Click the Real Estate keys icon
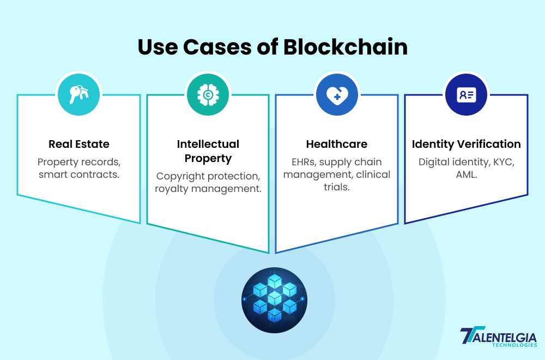(78, 94)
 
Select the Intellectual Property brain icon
(208, 94)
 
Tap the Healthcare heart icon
(337, 95)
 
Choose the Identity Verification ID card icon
(466, 94)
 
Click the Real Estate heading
(79, 144)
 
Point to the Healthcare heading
(337, 144)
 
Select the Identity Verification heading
(466, 145)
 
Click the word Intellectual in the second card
(208, 144)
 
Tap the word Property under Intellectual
(208, 159)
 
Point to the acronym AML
(466, 175)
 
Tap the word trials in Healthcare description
(336, 187)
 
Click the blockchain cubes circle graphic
(274, 300)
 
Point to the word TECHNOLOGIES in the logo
(514, 345)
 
